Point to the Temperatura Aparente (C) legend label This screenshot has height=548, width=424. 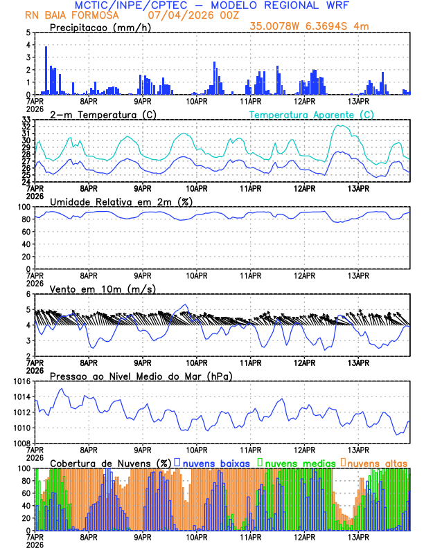311,114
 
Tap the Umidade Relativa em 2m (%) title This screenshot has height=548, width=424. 121,201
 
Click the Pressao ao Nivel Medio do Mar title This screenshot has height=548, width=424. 141,376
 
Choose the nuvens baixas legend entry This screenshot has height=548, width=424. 216,462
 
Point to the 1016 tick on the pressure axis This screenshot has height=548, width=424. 20,381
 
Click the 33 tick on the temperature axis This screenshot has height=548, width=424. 26,120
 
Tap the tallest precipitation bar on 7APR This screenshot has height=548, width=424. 46,69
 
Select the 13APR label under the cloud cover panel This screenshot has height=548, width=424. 358,536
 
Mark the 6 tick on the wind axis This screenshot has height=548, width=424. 28,294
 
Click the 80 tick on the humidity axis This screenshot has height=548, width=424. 25,219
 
